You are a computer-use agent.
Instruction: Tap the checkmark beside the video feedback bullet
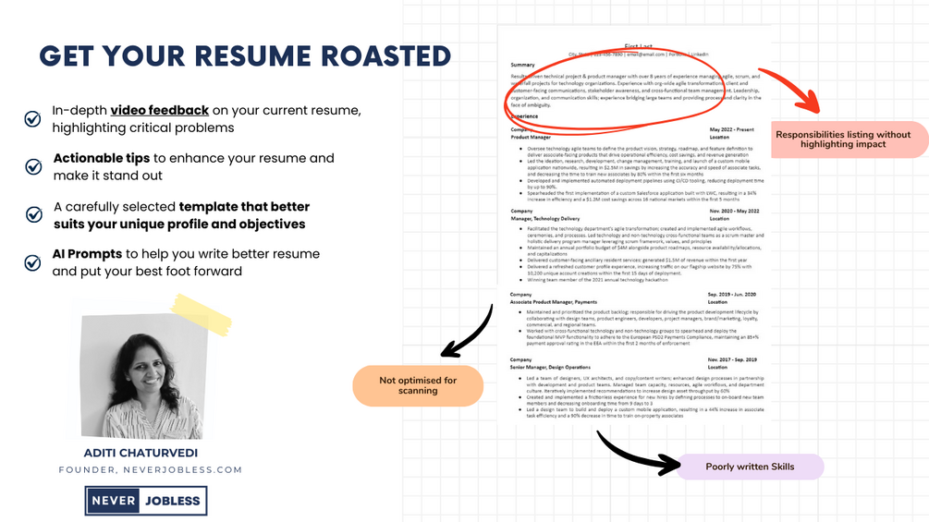[x=32, y=118]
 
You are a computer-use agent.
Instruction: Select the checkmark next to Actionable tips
[x=33, y=166]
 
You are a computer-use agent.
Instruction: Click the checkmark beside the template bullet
[x=33, y=214]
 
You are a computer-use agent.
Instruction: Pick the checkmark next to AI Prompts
[x=32, y=262]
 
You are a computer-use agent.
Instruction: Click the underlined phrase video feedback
[x=159, y=110]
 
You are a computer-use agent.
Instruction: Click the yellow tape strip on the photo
[x=202, y=314]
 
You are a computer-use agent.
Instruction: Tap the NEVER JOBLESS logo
[x=146, y=501]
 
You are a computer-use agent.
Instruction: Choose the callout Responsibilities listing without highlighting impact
[x=842, y=140]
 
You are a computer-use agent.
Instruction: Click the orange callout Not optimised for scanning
[x=418, y=385]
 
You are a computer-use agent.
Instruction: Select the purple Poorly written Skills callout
[x=750, y=467]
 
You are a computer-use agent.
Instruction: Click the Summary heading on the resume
[x=522, y=65]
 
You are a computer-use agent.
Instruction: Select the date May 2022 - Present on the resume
[x=732, y=129]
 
